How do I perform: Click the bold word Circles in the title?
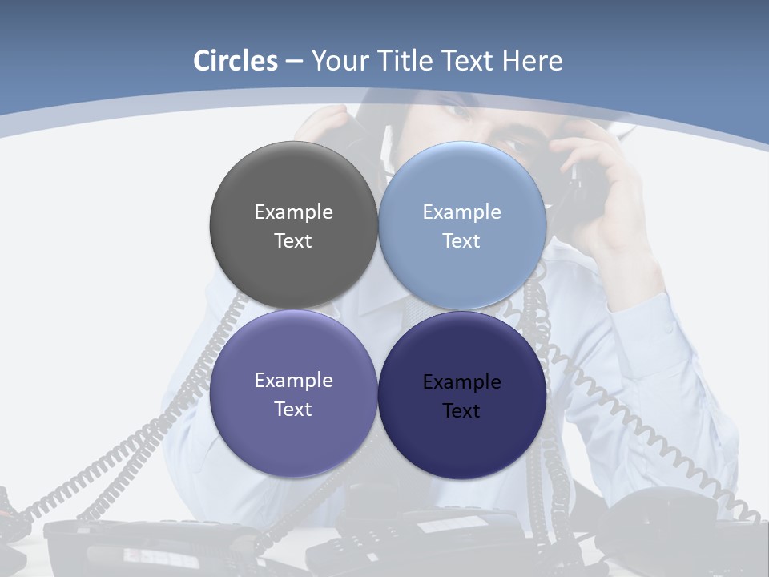[236, 61]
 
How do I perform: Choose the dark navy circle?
[462, 445]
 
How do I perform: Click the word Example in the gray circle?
[293, 212]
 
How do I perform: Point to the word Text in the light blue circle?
[461, 240]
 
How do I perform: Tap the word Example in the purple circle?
[293, 380]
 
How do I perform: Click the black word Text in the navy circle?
[461, 410]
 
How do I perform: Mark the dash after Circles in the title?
[294, 62]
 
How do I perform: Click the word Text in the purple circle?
[293, 409]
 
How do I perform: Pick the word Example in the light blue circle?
[461, 212]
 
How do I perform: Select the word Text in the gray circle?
[293, 240]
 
